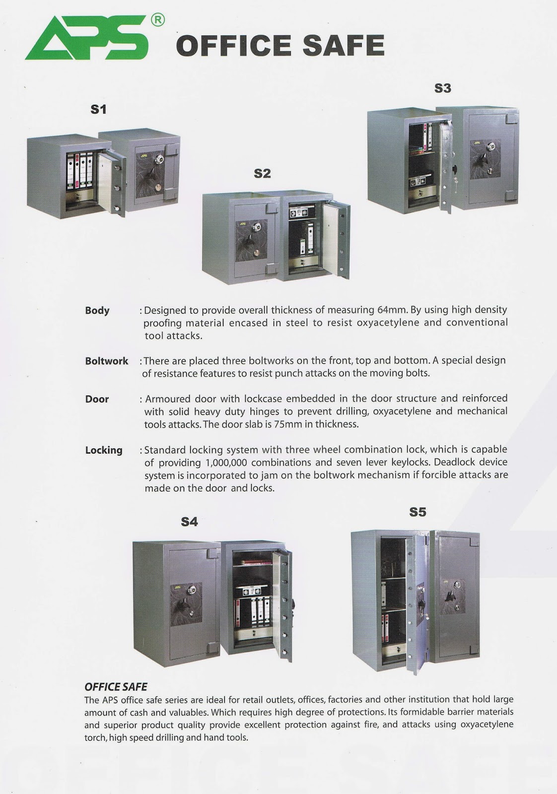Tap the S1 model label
[98, 109]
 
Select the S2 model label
[262, 174]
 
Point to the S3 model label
[442, 88]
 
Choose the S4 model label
[189, 522]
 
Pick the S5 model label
[418, 512]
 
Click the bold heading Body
[97, 311]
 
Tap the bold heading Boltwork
[106, 361]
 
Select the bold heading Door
[97, 399]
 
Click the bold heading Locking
[104, 450]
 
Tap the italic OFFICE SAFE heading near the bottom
[116, 687]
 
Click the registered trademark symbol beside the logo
[157, 20]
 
